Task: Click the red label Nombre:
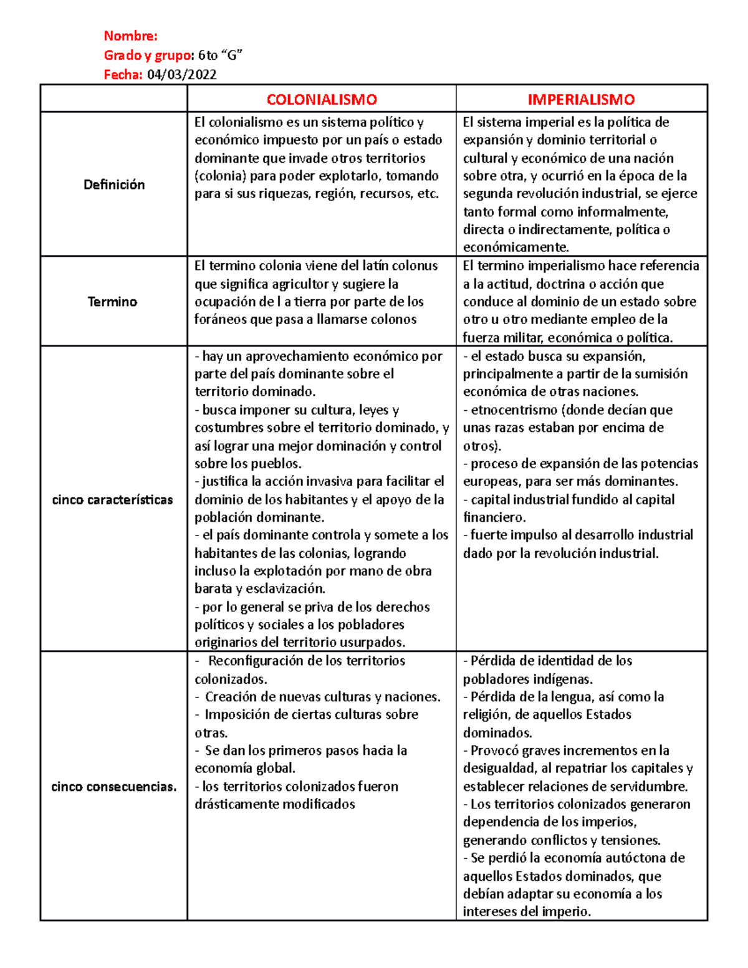point(130,36)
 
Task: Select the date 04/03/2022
point(181,75)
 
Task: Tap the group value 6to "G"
point(220,55)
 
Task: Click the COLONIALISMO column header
point(322,100)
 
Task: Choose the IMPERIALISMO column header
point(581,100)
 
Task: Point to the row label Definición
point(114,184)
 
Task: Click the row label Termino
point(112,302)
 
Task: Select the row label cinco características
point(112,500)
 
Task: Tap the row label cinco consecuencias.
point(113,787)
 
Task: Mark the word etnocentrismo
point(514,410)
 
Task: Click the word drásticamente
point(233,805)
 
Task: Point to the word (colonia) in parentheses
point(220,176)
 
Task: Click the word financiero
point(494,517)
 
